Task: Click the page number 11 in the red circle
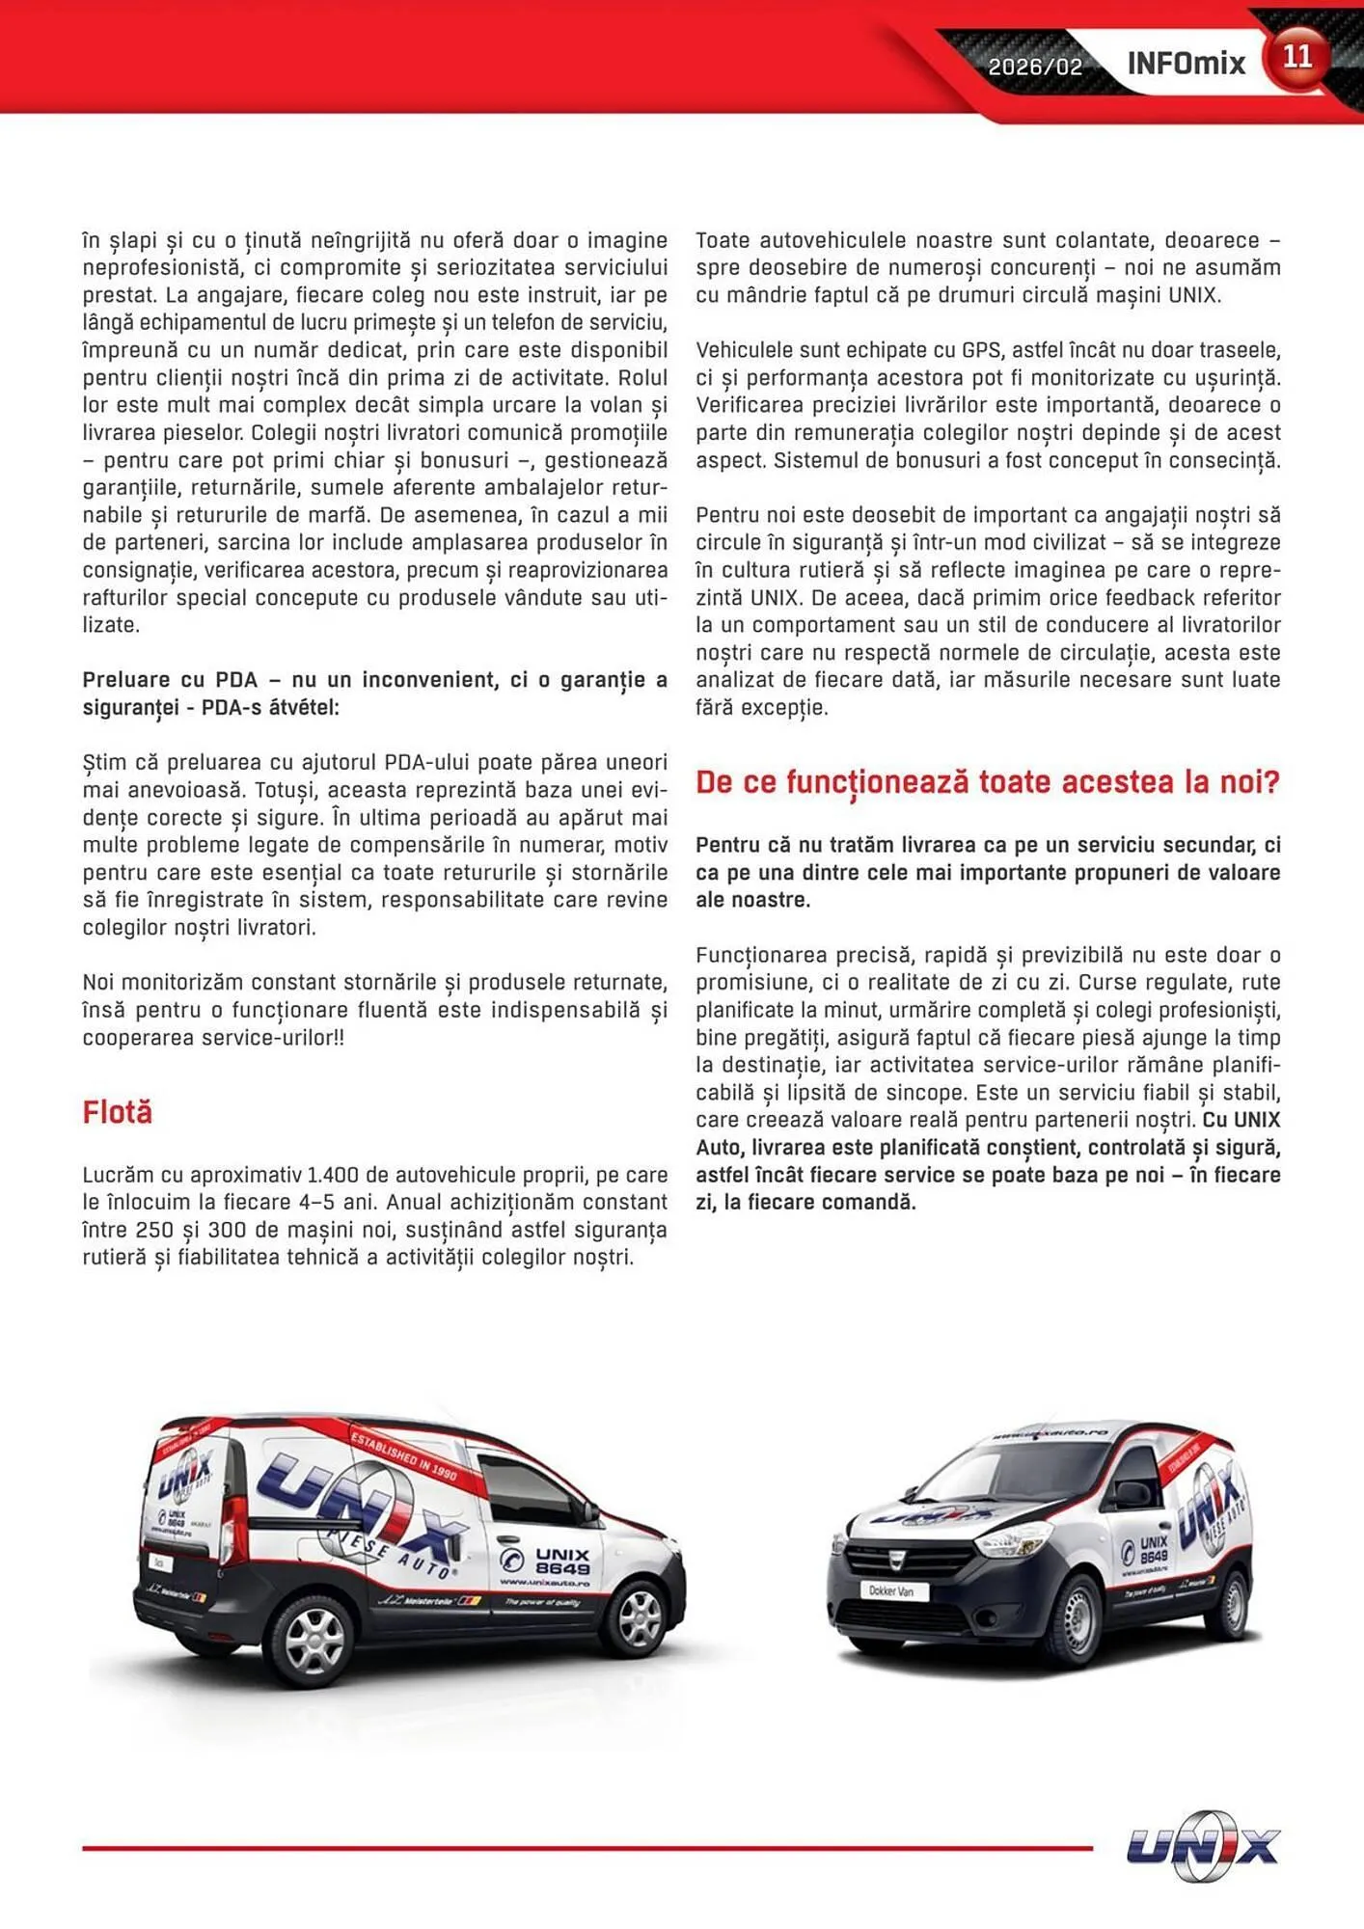point(1296,58)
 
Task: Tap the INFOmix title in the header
point(1186,65)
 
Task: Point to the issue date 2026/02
point(1035,67)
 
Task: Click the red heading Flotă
point(118,1112)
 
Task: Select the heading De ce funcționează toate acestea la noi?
point(987,781)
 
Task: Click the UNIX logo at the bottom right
point(1203,1846)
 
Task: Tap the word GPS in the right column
point(981,350)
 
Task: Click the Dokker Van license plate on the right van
point(891,1591)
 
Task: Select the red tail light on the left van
point(233,1530)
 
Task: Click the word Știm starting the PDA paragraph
point(100,762)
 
